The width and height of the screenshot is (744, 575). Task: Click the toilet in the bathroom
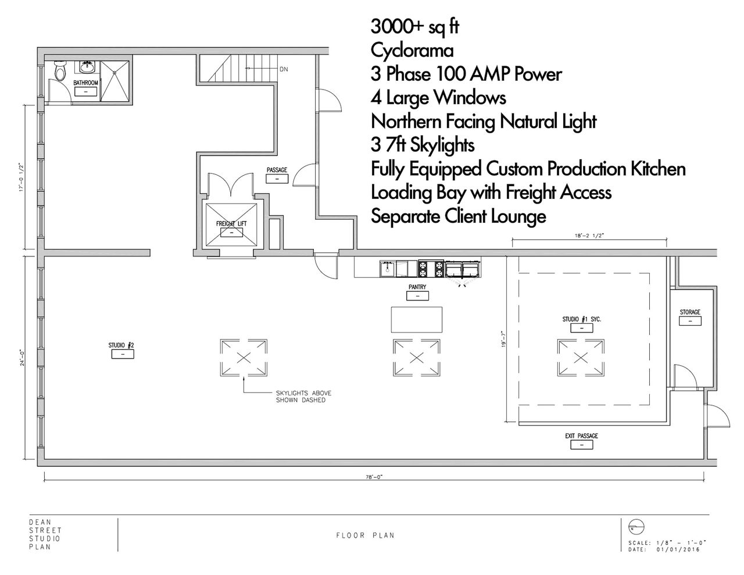click(60, 71)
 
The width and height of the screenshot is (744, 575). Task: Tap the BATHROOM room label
click(85, 83)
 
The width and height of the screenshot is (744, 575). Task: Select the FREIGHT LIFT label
click(231, 224)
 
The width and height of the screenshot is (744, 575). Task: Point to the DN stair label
click(284, 70)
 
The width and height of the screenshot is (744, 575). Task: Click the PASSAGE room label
click(277, 170)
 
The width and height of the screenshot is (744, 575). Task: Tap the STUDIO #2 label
click(122, 345)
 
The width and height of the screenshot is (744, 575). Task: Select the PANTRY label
click(417, 287)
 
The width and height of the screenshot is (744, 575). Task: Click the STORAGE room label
click(690, 312)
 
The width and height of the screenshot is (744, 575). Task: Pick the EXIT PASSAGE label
click(581, 436)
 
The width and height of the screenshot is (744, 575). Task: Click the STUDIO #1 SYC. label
click(581, 319)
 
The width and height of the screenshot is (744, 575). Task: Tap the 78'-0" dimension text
click(373, 477)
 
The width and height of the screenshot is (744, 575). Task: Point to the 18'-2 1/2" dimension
click(589, 235)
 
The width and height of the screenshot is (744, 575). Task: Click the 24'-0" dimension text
click(22, 357)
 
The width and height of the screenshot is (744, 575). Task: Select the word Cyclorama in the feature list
click(412, 51)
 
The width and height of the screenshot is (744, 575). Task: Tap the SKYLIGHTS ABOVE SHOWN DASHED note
click(303, 397)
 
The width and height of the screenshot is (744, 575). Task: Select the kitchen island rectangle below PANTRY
click(417, 320)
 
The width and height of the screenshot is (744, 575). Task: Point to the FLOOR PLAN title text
click(366, 535)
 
